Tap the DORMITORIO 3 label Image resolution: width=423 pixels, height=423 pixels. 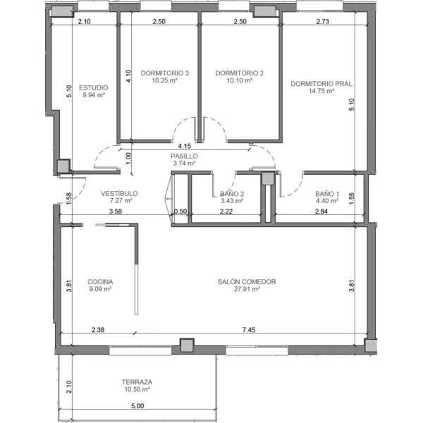click(164, 73)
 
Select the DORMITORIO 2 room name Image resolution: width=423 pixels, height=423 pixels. click(239, 73)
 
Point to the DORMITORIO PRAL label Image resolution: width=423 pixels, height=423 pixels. click(321, 84)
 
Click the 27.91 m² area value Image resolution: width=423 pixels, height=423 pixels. click(247, 289)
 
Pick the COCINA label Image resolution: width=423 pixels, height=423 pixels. click(100, 281)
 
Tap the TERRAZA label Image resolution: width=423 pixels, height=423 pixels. click(137, 382)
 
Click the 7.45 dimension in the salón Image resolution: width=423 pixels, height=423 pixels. click(249, 329)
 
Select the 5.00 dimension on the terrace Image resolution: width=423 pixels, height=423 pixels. click(137, 406)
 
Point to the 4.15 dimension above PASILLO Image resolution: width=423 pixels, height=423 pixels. click(185, 146)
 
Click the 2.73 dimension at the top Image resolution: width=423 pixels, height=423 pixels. click(323, 21)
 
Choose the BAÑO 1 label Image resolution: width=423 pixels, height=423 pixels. click(327, 193)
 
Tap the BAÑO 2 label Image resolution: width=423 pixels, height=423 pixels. click(232, 193)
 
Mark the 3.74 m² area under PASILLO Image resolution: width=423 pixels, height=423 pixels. click(184, 164)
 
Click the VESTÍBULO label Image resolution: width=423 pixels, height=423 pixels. click(119, 193)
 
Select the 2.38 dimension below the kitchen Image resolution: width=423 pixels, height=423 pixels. click(98, 329)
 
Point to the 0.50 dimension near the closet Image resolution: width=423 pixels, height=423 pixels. click(180, 211)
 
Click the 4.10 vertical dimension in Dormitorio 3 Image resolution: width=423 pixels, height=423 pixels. click(128, 76)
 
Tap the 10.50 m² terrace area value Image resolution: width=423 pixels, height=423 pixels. click(137, 389)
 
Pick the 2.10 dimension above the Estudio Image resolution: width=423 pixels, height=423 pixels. click(84, 21)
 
